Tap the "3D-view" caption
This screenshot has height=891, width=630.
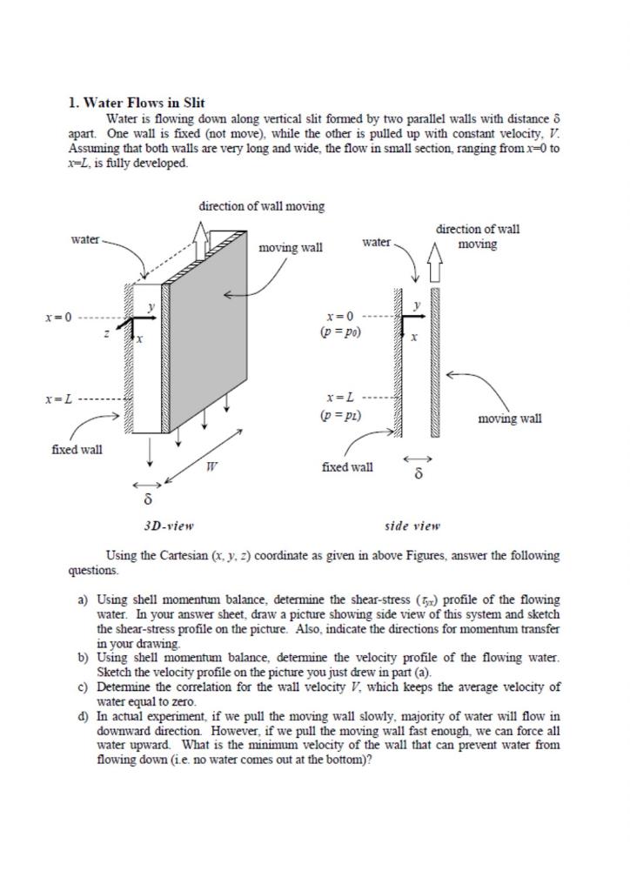point(168,526)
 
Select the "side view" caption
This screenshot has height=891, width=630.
point(412,526)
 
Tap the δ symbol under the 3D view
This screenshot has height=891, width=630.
point(147,500)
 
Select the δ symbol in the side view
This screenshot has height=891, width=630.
point(419,476)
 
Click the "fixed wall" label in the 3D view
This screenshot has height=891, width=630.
point(77,450)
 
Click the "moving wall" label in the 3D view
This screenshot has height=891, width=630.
point(291,248)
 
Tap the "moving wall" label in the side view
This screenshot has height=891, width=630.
point(510,419)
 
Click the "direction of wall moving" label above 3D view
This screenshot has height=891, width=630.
point(262,206)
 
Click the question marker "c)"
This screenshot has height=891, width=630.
point(84,687)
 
